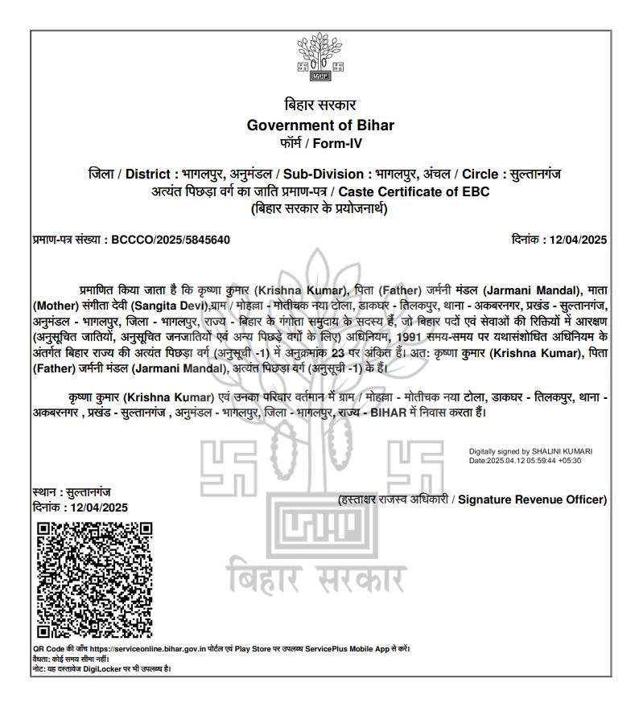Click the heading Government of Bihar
pos(320,125)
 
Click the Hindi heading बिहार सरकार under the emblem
pos(320,105)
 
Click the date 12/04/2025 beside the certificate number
pos(576,240)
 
